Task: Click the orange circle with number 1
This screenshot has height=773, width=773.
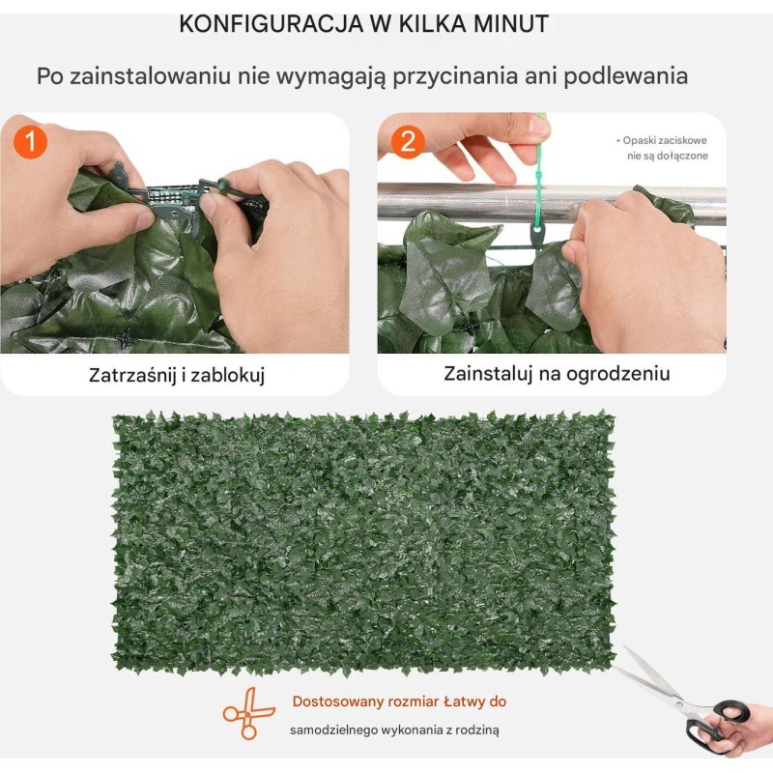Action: [30, 142]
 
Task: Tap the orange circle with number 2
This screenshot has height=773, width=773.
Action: [408, 142]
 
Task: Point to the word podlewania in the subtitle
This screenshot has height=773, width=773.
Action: [625, 76]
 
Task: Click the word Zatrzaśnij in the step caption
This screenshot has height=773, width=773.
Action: [132, 375]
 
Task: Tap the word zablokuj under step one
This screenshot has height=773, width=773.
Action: [228, 375]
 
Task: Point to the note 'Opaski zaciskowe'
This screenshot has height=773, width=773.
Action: [665, 140]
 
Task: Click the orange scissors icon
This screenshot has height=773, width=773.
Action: [248, 713]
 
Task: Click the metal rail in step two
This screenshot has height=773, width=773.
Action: [552, 202]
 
